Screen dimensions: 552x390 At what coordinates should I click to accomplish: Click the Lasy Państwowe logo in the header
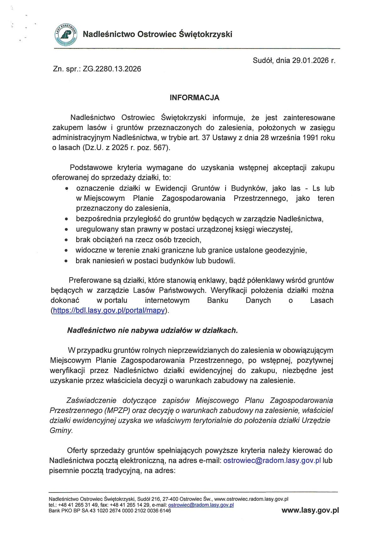tap(65, 35)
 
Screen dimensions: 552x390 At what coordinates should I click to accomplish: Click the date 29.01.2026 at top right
tap(310, 60)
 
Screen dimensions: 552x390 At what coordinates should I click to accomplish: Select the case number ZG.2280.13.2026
tap(112, 69)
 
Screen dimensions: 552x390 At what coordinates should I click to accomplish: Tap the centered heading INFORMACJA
tap(194, 98)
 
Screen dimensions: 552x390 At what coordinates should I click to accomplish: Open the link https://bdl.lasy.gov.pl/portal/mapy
tap(109, 310)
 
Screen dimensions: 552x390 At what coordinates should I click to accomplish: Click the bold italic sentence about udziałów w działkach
tap(153, 330)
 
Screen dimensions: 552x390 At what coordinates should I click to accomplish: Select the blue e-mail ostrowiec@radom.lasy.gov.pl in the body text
tap(272, 460)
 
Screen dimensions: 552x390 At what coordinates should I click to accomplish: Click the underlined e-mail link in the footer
tap(201, 505)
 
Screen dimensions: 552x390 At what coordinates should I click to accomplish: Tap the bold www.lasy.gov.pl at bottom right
tap(310, 510)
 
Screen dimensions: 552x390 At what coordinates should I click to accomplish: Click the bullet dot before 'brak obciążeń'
tap(66, 240)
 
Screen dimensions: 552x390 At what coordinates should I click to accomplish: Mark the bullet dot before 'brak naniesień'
tap(66, 261)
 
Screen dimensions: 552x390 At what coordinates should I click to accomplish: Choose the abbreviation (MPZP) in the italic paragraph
tap(114, 410)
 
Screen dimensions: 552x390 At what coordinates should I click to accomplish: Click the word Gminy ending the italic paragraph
tap(61, 431)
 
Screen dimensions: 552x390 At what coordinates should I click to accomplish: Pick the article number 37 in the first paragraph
tap(206, 138)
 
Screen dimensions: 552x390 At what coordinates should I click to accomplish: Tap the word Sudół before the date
tap(263, 60)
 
